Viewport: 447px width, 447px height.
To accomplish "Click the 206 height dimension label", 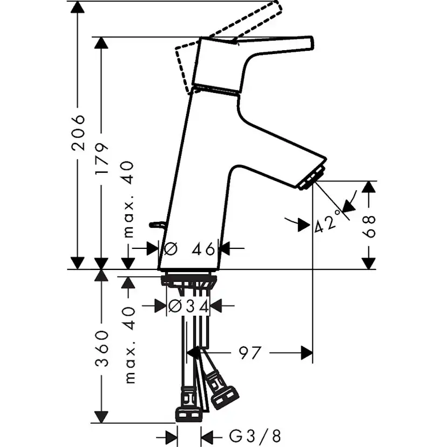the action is [x=78, y=133].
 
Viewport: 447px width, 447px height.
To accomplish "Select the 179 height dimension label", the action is [x=102, y=158].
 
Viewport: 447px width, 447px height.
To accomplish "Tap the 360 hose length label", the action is [x=102, y=348].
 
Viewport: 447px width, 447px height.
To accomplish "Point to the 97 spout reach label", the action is [x=250, y=353].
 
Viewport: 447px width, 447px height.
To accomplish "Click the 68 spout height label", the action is [x=369, y=227].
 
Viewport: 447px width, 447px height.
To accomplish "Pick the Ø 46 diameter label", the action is [x=189, y=249].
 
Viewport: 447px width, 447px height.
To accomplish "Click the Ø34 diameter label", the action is [x=189, y=306].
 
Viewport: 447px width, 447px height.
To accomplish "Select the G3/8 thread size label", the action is [x=255, y=436].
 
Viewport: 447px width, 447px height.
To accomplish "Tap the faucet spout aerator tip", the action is [x=311, y=178].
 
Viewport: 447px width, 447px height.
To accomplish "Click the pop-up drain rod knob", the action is [x=155, y=225].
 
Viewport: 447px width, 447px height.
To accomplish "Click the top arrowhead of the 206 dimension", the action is [x=78, y=6].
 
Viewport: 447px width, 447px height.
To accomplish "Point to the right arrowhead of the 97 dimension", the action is [x=307, y=353].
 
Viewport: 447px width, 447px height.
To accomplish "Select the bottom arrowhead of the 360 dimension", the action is [x=101, y=417].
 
